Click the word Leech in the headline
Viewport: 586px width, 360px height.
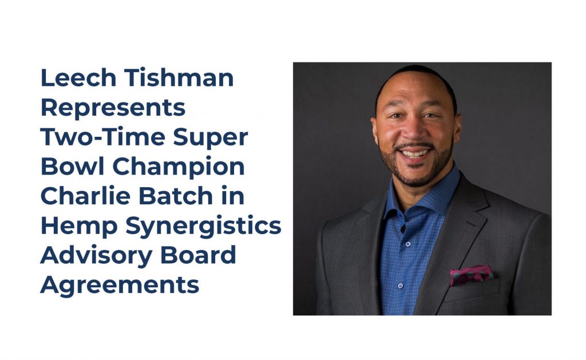[x=78, y=78]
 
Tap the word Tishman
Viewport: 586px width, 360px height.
[x=179, y=78]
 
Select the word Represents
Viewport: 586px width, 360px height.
[x=113, y=108]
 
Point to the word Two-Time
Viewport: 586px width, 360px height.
[x=103, y=137]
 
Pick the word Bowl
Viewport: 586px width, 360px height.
[x=72, y=167]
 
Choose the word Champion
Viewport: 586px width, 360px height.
[x=179, y=167]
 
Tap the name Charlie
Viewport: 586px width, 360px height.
[x=85, y=196]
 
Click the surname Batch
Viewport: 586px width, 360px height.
[x=176, y=196]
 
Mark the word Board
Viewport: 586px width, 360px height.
[x=198, y=255]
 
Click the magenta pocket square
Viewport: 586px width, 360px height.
[x=471, y=275]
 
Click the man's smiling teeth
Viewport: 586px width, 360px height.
[x=414, y=153]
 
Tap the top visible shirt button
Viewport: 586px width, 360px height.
[x=408, y=244]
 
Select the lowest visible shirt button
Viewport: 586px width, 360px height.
[x=400, y=286]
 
